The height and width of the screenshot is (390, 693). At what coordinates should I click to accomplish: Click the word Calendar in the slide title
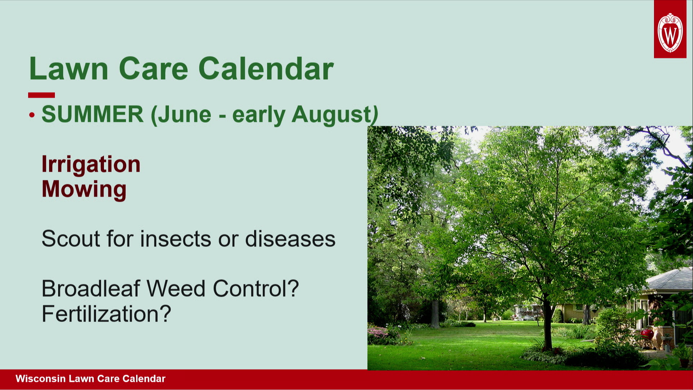(266, 69)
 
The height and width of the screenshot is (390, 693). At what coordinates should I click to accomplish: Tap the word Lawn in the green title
(69, 69)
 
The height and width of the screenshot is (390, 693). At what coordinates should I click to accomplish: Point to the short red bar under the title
(42, 95)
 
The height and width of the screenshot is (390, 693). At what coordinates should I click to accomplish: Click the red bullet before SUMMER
(32, 115)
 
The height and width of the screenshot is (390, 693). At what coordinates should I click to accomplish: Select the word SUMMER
(93, 114)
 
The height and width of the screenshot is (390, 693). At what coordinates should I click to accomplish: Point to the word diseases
(290, 239)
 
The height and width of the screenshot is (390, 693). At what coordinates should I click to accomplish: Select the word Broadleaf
(91, 289)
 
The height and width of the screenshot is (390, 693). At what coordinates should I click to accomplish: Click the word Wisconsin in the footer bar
(40, 379)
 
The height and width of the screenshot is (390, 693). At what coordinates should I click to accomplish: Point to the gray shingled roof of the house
(670, 279)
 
